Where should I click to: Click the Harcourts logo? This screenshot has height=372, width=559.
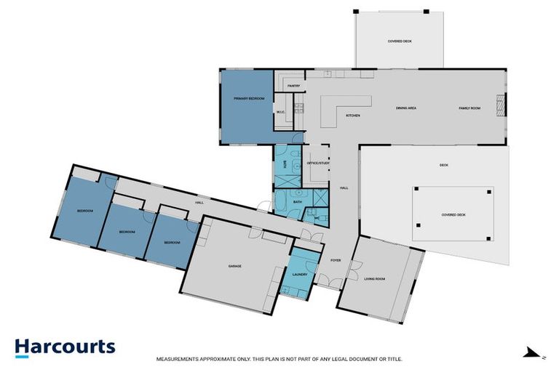pyautogui.click(x=65, y=347)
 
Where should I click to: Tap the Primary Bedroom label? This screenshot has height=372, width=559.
pyautogui.click(x=248, y=97)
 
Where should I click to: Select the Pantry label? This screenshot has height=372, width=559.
pyautogui.click(x=293, y=86)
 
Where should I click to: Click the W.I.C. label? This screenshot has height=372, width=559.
pyautogui.click(x=281, y=111)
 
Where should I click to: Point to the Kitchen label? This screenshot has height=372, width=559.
pyautogui.click(x=353, y=116)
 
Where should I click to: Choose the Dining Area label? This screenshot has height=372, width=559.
pyautogui.click(x=405, y=108)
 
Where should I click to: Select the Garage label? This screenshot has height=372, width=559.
pyautogui.click(x=234, y=266)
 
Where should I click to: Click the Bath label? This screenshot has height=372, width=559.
pyautogui.click(x=297, y=201)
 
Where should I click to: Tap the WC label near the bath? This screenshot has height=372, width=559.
pyautogui.click(x=315, y=217)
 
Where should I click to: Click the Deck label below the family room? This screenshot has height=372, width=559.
pyautogui.click(x=444, y=165)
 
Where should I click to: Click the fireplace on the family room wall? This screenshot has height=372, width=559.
pyautogui.click(x=501, y=106)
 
